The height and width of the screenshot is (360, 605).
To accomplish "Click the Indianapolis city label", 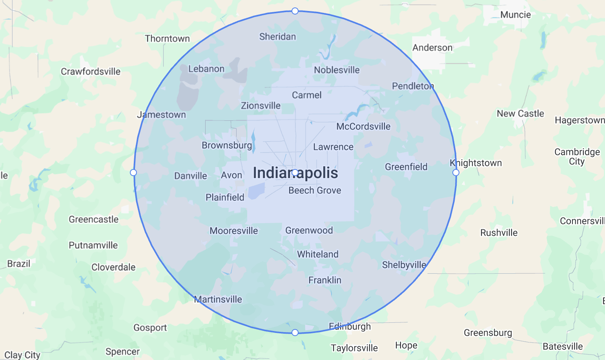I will coord(295,173).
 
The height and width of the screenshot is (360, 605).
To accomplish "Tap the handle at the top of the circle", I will coord(295,11).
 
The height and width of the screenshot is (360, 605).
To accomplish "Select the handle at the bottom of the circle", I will coord(295,333).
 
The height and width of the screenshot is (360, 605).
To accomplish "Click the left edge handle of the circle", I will coord(133,173).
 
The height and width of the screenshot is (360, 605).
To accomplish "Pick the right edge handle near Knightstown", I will coord(456,173).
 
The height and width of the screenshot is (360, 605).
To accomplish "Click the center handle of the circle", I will coord(295,173).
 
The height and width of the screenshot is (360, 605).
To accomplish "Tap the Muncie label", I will coord(516,15).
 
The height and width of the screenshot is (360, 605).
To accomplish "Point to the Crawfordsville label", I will coord(91,71).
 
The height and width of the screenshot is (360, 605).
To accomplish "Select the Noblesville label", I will coord(337,70).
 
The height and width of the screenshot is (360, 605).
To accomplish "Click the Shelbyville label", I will coord(404,265).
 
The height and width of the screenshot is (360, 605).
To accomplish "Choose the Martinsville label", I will coord(219,299).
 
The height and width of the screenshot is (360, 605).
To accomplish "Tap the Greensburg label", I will coord(488,333).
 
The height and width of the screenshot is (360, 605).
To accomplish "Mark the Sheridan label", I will coord(277,36).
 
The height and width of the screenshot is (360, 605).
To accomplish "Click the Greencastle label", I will coord(94,219).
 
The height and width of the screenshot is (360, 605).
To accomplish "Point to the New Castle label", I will coord(520,113).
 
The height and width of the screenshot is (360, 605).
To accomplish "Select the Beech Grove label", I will coord(315,190).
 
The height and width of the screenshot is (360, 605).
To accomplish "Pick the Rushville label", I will coord(499,233).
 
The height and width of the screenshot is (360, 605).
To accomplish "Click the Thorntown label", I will coord(167,38).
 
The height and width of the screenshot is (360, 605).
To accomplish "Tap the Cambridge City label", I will coord(577,156).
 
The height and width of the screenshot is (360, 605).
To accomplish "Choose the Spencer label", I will coord(122,351).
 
